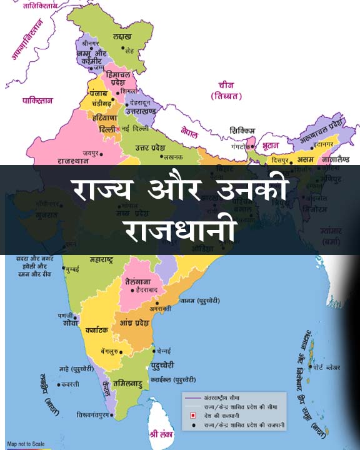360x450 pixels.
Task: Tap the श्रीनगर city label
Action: tap(87, 45)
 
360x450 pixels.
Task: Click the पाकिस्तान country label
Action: tap(38, 100)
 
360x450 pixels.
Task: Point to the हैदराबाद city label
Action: tap(149, 291)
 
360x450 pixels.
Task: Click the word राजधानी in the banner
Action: tap(180, 230)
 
